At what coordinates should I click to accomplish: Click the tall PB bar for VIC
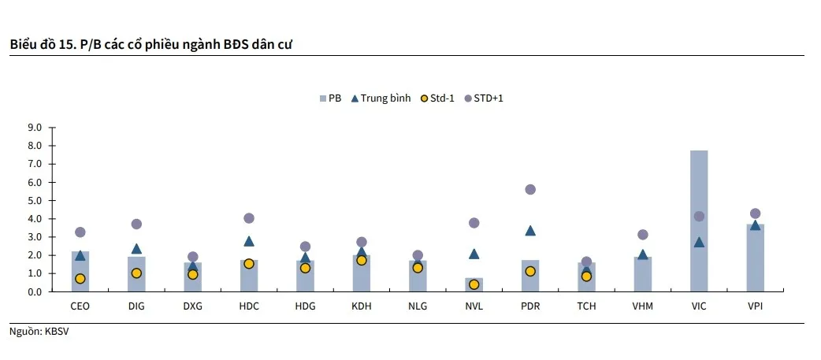[699, 221]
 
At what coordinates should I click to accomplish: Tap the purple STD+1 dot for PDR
[530, 189]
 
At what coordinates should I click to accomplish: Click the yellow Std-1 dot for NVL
[474, 284]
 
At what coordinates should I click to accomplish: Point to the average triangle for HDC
[249, 241]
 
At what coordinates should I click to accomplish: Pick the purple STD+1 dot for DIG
[136, 224]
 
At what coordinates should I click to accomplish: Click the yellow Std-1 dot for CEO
[80, 278]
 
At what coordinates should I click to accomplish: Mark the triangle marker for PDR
[530, 231]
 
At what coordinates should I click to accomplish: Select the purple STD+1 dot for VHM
[643, 235]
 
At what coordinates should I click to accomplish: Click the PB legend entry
[330, 98]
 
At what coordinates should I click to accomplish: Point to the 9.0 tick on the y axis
[35, 128]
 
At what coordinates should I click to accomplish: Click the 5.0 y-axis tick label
[35, 200]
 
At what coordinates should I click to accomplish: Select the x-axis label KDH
[361, 306]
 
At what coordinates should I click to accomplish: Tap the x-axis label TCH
[586, 306]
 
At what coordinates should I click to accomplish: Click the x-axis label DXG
[192, 306]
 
